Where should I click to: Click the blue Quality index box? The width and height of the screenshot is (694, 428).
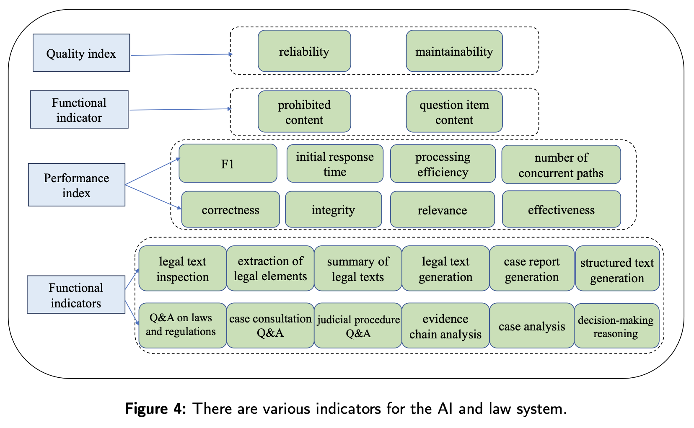click(81, 53)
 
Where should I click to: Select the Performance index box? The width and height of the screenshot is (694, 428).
click(77, 185)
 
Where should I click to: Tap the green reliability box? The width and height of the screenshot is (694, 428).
click(304, 51)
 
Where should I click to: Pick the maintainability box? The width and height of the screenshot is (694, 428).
click(454, 51)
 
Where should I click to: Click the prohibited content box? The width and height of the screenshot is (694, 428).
click(304, 112)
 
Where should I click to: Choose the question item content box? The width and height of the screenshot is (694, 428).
click(454, 112)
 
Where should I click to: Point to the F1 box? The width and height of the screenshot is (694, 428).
click(228, 164)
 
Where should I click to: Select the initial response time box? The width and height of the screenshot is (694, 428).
click(335, 164)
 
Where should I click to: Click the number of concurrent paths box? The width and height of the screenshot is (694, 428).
click(561, 165)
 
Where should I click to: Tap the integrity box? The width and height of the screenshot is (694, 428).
click(334, 209)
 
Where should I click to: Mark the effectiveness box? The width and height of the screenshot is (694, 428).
click(561, 209)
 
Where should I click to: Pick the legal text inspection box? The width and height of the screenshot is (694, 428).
click(183, 268)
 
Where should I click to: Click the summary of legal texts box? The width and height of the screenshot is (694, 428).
click(358, 268)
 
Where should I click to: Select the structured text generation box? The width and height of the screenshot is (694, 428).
click(617, 269)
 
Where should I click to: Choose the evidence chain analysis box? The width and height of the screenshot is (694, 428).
click(445, 326)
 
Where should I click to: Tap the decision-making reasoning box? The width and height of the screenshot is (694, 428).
click(616, 326)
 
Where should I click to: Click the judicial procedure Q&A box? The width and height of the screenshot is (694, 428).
click(358, 326)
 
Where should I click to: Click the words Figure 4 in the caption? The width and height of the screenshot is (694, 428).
click(155, 408)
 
